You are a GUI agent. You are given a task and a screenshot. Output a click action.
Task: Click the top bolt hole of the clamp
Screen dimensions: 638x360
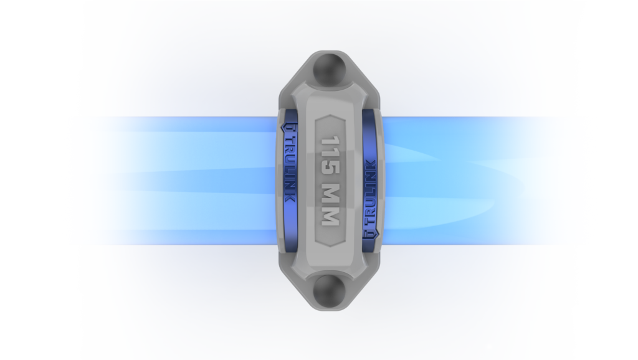[x=329, y=69]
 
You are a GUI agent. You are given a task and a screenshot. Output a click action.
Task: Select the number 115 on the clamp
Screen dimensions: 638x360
[x=330, y=156]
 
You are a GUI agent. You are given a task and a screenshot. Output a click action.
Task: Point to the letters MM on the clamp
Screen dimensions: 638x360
[x=330, y=205]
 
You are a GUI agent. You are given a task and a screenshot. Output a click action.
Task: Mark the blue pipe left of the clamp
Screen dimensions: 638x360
[x=183, y=181]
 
